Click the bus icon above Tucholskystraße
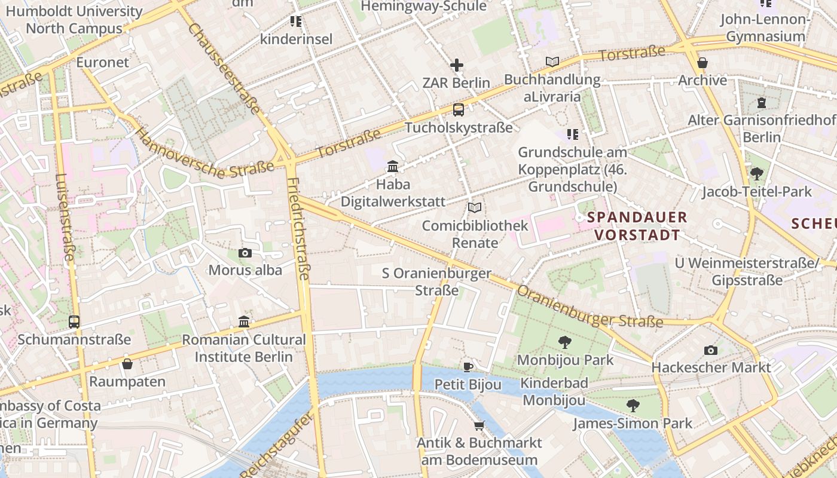pyautogui.click(x=458, y=109)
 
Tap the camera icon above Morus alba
pyautogui.click(x=245, y=253)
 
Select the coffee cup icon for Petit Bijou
pyautogui.click(x=468, y=366)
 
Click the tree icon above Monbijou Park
pyautogui.click(x=564, y=342)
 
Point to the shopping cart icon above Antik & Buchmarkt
pyautogui.click(x=479, y=425)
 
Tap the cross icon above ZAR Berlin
pyautogui.click(x=457, y=65)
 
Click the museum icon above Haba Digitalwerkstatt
pyautogui.click(x=393, y=166)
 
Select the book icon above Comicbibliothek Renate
pyautogui.click(x=475, y=208)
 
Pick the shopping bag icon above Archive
pyautogui.click(x=702, y=62)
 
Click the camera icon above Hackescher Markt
pyautogui.click(x=711, y=350)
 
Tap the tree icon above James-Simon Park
pyautogui.click(x=633, y=406)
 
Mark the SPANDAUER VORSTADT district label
pyautogui.click(x=637, y=226)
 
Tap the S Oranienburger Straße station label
pyautogui.click(x=436, y=282)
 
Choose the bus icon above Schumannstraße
pyautogui.click(x=74, y=322)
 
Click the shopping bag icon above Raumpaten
pyautogui.click(x=127, y=364)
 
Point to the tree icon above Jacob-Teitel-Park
pyautogui.click(x=756, y=174)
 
